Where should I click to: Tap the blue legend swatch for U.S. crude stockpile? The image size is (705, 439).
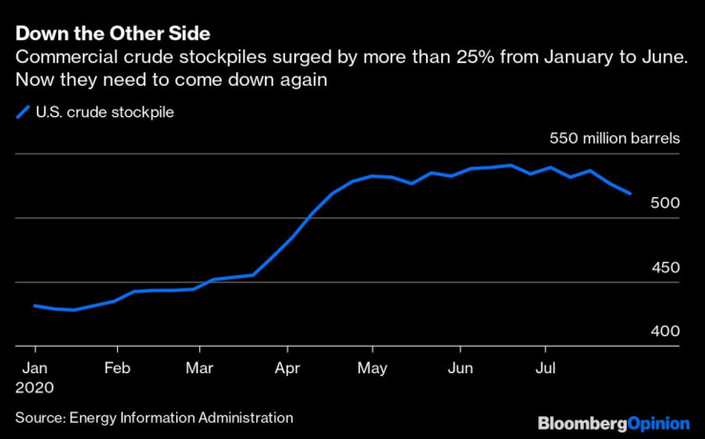[x=23, y=112]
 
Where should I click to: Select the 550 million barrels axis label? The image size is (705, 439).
[x=614, y=138]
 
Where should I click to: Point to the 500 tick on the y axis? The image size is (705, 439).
[x=665, y=203]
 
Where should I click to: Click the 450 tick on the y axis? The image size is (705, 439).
[x=665, y=268]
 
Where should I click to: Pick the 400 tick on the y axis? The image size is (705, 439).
[x=665, y=331]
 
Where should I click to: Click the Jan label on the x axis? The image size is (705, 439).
[x=34, y=368]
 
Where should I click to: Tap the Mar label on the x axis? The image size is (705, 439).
[x=199, y=368]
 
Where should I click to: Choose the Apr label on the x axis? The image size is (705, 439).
[x=287, y=368]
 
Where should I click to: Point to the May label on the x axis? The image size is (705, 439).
[x=373, y=368]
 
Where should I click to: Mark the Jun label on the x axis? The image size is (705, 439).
[x=460, y=368]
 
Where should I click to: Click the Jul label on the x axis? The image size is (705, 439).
[x=545, y=368]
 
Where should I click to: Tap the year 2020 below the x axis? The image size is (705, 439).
[x=34, y=388]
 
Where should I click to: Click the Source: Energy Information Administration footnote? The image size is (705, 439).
[x=154, y=417]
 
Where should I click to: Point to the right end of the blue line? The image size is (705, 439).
[x=630, y=193]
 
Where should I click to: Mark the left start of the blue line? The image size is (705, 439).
[x=34, y=306]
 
